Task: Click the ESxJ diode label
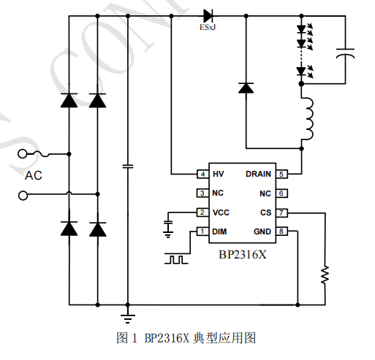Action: tap(208, 27)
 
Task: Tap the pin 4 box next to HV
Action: tap(202, 174)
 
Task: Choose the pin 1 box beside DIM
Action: tap(202, 231)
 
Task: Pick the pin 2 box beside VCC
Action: tap(202, 212)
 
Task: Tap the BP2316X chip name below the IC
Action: tap(241, 256)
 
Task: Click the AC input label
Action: tap(34, 175)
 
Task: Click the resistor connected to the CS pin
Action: tap(325, 274)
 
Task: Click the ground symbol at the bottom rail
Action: tap(128, 315)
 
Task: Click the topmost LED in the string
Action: tap(301, 30)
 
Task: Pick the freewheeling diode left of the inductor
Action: tap(246, 88)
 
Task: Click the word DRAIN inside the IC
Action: tap(258, 174)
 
